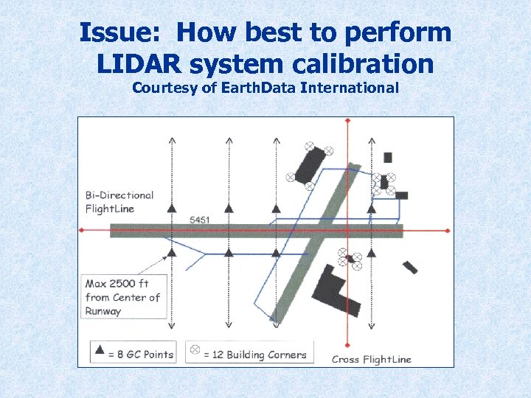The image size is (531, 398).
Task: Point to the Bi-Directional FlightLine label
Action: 119,202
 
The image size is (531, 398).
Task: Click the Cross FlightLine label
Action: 372,359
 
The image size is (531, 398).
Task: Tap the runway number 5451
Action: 199,220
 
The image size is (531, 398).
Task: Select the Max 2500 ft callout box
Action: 123,297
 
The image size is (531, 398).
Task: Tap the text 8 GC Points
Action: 141,355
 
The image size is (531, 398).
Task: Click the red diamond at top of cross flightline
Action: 347,120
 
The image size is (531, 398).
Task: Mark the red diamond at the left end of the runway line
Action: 82,231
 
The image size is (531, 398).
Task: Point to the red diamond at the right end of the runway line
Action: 448,231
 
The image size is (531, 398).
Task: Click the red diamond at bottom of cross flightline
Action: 347,344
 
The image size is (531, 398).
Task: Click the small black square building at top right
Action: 388,157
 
